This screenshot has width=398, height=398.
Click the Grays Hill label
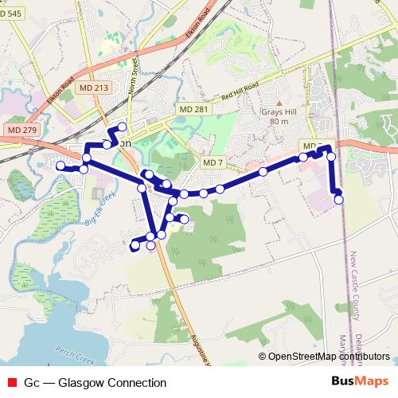click(x=279, y=112)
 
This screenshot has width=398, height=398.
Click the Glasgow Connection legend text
click(x=84, y=382)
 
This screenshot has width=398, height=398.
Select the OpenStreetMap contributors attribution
click(x=327, y=356)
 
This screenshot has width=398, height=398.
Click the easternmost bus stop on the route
click(x=338, y=199)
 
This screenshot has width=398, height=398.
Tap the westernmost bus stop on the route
click(x=60, y=166)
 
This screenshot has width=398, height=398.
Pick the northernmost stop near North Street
click(x=123, y=127)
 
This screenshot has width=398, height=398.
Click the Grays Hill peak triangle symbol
click(x=279, y=103)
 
